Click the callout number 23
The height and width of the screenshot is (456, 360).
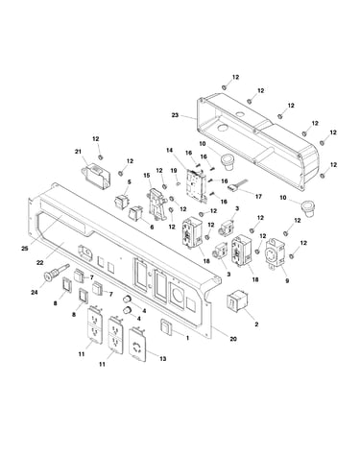point(175,115)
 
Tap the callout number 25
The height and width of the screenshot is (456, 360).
point(25,249)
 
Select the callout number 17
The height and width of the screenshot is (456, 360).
point(258,196)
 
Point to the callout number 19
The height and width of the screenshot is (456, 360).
point(174,171)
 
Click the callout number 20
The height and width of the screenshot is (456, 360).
point(233,339)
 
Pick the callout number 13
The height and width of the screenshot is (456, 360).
point(163,359)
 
